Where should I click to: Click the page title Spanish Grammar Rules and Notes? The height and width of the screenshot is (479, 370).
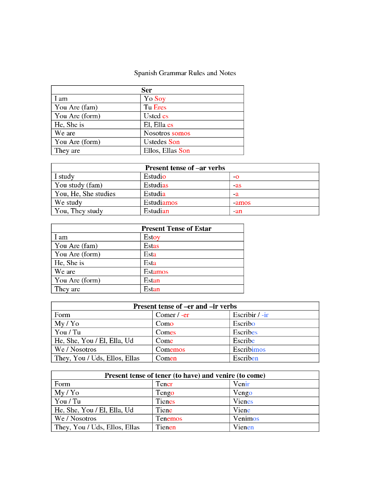(185, 73)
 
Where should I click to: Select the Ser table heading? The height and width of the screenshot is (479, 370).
(147, 90)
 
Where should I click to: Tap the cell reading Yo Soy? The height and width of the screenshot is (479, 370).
(155, 99)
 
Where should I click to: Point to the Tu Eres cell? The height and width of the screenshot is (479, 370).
(155, 107)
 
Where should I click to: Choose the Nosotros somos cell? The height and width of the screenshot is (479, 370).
(167, 133)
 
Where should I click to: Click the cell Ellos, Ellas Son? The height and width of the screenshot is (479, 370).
(167, 151)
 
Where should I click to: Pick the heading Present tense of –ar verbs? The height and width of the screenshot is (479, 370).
(185, 168)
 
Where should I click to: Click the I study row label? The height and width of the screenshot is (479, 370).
(65, 177)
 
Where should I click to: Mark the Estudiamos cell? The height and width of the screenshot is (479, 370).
(160, 203)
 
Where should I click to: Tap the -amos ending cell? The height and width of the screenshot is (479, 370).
(241, 203)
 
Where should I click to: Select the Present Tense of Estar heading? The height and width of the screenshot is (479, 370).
(176, 229)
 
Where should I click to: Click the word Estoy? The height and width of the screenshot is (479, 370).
(152, 238)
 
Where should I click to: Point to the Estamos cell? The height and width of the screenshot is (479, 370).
(156, 272)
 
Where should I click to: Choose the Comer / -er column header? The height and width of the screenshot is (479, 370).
(172, 315)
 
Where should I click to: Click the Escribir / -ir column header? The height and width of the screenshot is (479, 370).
(251, 315)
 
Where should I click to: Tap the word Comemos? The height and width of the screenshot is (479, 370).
(170, 350)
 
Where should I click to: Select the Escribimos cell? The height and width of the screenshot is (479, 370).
(249, 350)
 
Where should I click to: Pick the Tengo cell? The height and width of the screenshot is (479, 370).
(165, 393)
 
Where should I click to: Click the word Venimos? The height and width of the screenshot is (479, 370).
(246, 419)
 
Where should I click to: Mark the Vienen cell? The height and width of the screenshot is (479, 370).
(243, 427)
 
